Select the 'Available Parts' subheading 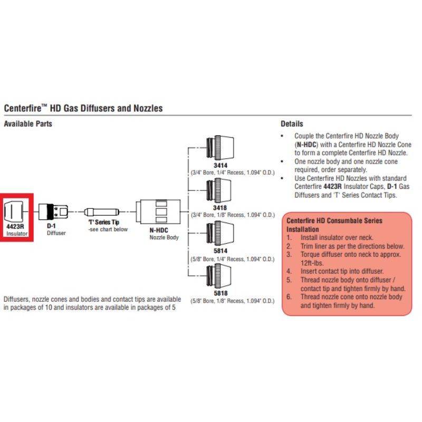(x=28, y=124)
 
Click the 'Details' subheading (x=292, y=124)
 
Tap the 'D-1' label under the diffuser (x=51, y=225)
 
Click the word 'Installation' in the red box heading (x=302, y=229)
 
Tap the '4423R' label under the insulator (x=15, y=226)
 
